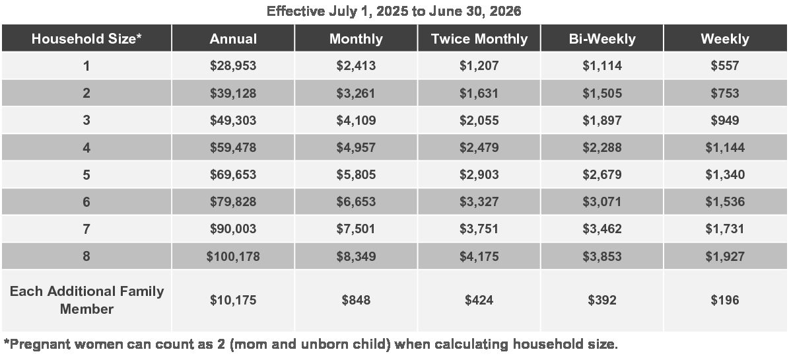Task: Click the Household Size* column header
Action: (86, 39)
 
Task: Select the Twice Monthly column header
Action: (479, 39)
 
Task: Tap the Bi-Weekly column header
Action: (601, 39)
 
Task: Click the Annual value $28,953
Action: (233, 66)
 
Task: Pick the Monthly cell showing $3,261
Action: (357, 93)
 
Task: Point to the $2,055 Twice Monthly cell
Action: (479, 120)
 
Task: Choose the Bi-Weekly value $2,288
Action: (601, 147)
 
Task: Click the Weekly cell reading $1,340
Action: (725, 174)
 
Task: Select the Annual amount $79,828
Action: (233, 202)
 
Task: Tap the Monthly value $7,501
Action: (357, 229)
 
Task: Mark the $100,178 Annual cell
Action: (233, 256)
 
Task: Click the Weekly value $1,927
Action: (725, 256)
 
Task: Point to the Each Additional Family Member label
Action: (86, 300)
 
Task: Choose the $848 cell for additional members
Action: (357, 301)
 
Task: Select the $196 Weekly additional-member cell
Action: (725, 301)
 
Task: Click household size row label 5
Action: (86, 174)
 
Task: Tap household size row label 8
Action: (86, 256)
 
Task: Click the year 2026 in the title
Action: (505, 11)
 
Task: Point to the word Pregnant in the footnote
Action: (38, 345)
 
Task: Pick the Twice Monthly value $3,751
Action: (479, 229)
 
